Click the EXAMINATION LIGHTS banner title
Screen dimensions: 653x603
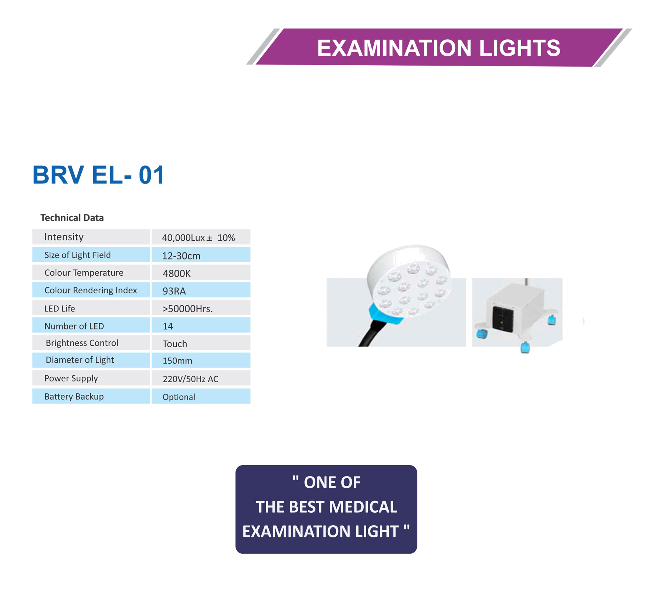point(438,48)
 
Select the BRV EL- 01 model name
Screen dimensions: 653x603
point(98,175)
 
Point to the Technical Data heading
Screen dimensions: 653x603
point(72,218)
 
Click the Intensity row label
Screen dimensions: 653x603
point(64,237)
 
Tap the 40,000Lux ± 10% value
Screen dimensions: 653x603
point(198,238)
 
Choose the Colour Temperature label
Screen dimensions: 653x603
point(84,273)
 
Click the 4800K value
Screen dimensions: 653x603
point(177,273)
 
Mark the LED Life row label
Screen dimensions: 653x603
point(60,309)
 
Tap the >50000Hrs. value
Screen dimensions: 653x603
point(188,309)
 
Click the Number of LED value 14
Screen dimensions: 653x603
point(168,326)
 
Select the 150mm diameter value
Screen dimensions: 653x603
point(177,361)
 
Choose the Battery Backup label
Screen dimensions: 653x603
point(74,397)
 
